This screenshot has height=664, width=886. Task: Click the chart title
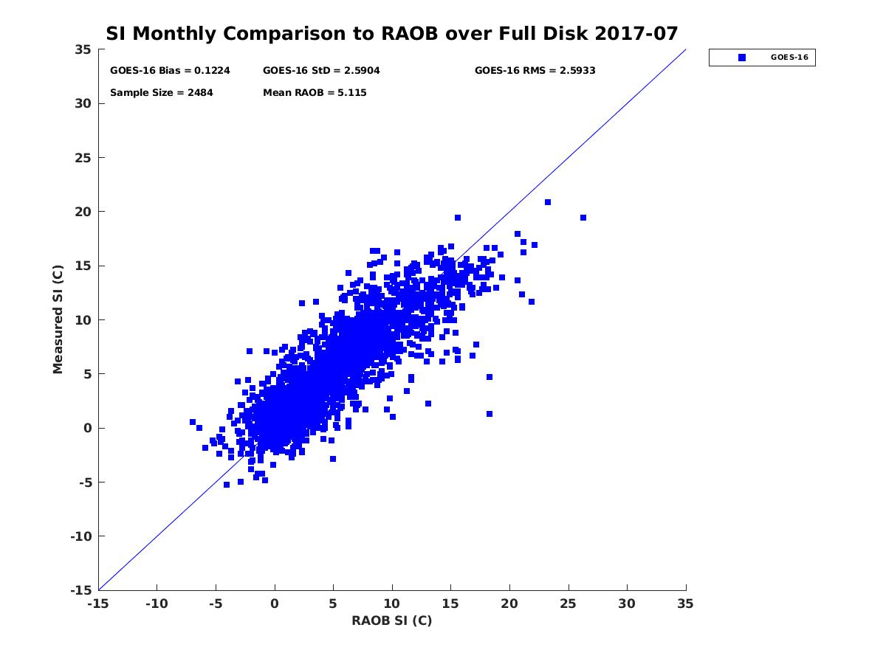tap(392, 34)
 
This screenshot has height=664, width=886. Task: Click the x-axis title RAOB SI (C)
tap(391, 620)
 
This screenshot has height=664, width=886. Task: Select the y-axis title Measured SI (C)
tap(58, 319)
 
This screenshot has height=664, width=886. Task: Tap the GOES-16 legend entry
tap(761, 58)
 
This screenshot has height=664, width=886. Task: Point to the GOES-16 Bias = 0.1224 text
tap(170, 71)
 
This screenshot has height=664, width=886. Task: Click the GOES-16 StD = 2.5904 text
tap(321, 71)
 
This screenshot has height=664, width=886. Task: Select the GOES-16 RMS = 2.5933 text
tap(535, 71)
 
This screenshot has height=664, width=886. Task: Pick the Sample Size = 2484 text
tap(161, 93)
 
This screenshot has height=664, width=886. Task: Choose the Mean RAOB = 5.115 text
tap(315, 93)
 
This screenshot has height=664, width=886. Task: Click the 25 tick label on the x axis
tap(569, 604)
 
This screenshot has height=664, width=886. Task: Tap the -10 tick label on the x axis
tap(157, 604)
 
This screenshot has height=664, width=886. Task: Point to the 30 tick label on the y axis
tap(83, 103)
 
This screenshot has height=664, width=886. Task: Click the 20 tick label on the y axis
tap(83, 212)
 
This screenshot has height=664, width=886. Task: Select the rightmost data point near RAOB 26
tap(583, 218)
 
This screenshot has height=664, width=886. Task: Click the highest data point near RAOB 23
tap(548, 202)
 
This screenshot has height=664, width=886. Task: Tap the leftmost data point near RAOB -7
tap(193, 422)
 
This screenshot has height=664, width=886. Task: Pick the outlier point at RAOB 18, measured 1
tap(490, 414)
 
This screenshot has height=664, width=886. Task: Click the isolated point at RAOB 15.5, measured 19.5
tap(458, 218)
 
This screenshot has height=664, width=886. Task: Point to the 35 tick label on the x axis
tap(686, 604)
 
